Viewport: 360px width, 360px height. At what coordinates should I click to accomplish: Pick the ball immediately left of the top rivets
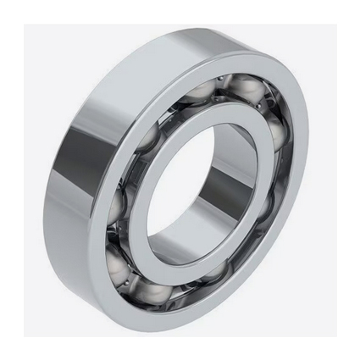[202, 91]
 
